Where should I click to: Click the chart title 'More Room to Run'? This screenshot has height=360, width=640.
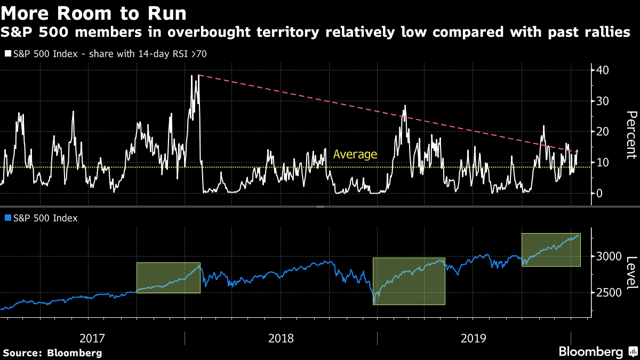click(x=95, y=12)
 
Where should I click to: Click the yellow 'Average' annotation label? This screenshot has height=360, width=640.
click(x=355, y=155)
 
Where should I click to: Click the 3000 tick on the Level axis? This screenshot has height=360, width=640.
click(x=609, y=257)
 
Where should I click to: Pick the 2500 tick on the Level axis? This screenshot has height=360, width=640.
click(x=609, y=293)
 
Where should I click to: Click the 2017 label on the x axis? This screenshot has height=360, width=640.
click(x=92, y=338)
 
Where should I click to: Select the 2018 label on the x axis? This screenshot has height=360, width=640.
click(x=281, y=338)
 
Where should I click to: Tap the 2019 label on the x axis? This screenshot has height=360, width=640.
click(x=473, y=338)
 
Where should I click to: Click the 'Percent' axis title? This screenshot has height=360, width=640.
click(x=631, y=134)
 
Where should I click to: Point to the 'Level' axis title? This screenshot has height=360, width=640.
click(x=631, y=273)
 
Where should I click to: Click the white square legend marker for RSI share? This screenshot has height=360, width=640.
click(x=7, y=53)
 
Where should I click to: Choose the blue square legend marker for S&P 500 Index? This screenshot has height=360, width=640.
click(x=7, y=218)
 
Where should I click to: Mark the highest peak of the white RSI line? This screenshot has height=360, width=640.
click(x=192, y=75)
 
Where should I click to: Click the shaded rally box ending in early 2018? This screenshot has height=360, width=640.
click(x=168, y=277)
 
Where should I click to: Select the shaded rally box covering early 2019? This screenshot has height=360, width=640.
click(x=409, y=281)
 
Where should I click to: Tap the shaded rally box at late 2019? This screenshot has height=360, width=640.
click(x=550, y=250)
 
